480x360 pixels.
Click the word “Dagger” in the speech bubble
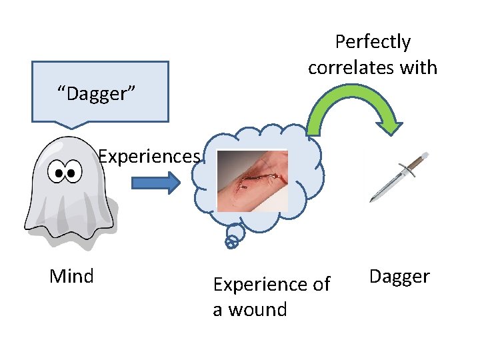pos(97,94)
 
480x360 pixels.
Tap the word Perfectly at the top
pos(373,42)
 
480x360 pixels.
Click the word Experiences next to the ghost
pos(149,157)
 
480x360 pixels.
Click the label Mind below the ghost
pos(71,275)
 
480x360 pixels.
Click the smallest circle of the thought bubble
pos(231,244)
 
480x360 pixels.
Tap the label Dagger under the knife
pos(399,276)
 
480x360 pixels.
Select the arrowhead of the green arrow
pos(389,125)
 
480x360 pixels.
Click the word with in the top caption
pos(418,67)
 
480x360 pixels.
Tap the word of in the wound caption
pos(321,285)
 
